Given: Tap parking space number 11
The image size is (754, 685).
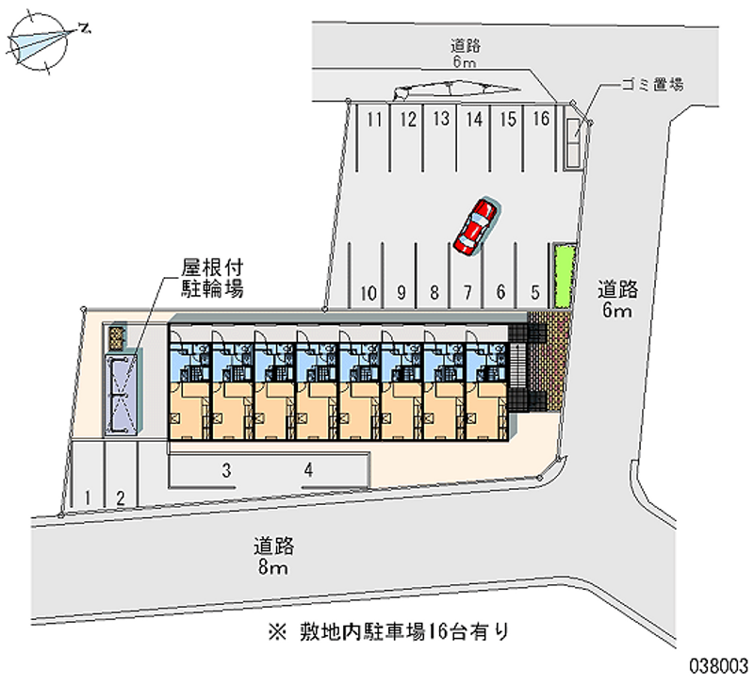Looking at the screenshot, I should tap(374, 121).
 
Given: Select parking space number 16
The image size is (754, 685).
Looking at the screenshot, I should tap(541, 121).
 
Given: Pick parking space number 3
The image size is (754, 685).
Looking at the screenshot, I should tap(227, 468).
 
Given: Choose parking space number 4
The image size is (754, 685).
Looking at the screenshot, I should tap(308, 468).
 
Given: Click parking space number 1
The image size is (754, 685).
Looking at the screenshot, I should tap(87, 496).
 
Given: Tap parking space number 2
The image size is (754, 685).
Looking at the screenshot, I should tap(120, 496).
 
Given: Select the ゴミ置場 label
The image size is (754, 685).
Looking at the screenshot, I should tap(650, 84).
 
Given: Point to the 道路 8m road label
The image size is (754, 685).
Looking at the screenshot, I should tap(274, 556).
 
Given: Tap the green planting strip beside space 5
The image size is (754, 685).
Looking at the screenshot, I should tap(564, 274).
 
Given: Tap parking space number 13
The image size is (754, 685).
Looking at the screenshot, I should tap(440, 121).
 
